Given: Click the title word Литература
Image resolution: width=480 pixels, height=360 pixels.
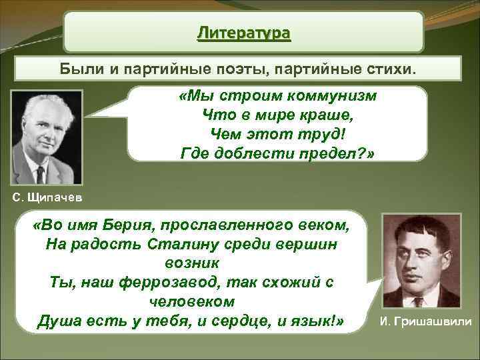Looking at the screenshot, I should pos(243,33).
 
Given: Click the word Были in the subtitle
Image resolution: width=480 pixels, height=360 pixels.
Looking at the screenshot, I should pos(79,69).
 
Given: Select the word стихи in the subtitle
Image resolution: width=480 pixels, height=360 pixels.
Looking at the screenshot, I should pos(399,69).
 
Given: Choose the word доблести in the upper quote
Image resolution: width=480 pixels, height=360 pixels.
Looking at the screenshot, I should pos(257,154).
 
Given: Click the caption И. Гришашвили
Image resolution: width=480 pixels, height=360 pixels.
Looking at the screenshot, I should pos(425,322).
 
